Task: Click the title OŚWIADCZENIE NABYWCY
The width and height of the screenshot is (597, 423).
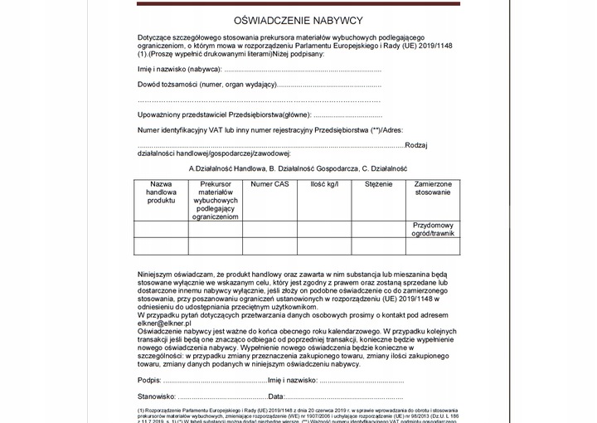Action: point(298,20)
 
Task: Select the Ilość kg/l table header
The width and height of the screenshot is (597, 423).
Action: point(324,183)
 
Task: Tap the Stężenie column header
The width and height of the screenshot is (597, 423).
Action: point(378,183)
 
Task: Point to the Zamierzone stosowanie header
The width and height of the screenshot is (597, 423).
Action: point(433,187)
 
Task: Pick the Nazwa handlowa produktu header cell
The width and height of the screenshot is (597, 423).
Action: point(161,192)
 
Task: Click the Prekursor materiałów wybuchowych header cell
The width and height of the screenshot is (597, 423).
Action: point(216,200)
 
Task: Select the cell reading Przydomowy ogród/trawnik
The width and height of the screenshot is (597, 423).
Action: point(433,229)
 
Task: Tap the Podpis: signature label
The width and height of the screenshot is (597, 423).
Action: point(149,380)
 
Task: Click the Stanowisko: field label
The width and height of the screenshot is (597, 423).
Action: point(157,397)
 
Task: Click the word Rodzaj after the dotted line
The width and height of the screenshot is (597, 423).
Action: point(416,145)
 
